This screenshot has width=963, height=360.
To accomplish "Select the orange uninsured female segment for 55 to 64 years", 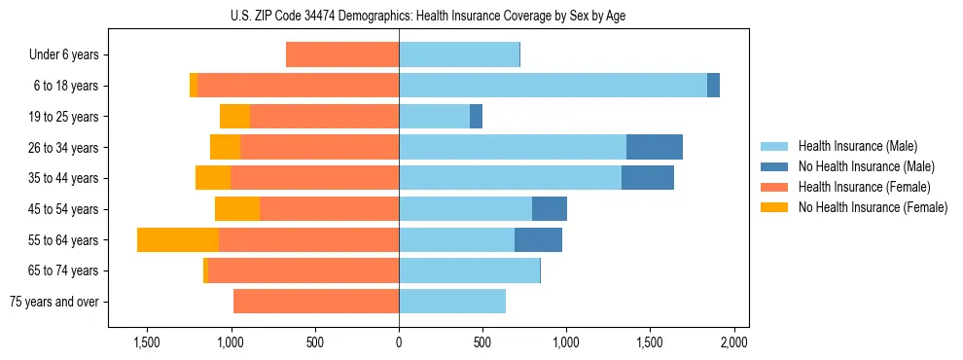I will click(178, 240).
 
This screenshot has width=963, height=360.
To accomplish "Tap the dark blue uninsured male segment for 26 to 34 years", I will click(654, 147).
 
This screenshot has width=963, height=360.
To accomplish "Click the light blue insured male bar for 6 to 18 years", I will click(553, 86).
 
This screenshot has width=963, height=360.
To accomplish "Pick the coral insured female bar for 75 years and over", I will click(316, 302).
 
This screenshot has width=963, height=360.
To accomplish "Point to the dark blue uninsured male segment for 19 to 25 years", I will click(476, 117).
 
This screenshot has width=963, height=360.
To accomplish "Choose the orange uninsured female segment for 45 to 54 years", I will click(237, 209).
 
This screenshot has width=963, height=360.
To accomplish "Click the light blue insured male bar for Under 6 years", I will click(459, 54).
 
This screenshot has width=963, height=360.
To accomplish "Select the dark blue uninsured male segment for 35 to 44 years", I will click(647, 178).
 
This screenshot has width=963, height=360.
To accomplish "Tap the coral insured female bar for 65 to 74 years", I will click(303, 270).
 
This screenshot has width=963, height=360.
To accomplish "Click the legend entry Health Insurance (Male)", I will click(857, 146).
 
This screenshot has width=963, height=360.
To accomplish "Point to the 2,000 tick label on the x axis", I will click(733, 342).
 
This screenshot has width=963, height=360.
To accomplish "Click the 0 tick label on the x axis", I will click(399, 342).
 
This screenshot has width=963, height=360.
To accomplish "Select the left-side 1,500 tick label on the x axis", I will click(147, 342).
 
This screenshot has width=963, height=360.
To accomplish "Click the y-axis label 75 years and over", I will click(53, 302).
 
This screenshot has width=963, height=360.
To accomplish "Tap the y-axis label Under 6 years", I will click(63, 55).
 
